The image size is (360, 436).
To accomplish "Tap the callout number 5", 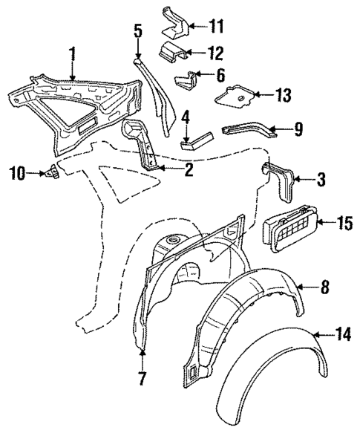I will pos(137,31).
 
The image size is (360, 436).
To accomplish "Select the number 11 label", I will pos(216,28).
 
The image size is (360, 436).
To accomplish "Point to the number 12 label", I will pos(216,52).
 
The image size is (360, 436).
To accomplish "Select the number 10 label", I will pos(16,174).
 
